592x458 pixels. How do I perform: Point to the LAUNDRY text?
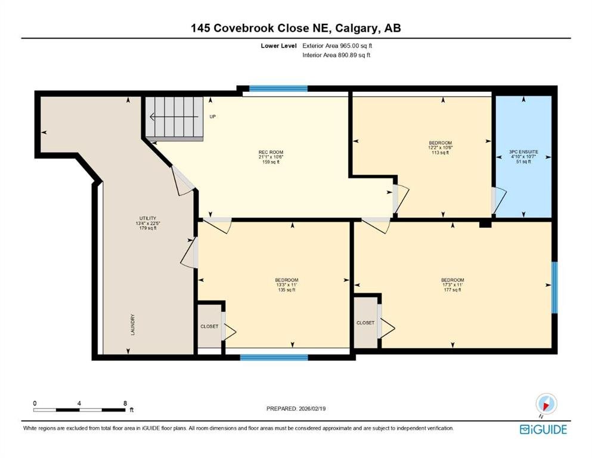[x=132, y=325]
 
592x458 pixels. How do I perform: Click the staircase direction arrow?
[x=174, y=117]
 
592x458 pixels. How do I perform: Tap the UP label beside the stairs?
[x=213, y=117]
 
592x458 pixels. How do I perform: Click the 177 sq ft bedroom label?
[x=452, y=284]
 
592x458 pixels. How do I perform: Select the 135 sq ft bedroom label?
[x=287, y=284]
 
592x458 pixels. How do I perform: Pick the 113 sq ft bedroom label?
[x=440, y=148]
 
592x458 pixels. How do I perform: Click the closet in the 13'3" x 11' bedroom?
[x=209, y=326]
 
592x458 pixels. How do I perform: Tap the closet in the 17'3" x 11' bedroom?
[x=365, y=323]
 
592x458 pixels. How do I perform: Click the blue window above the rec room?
[x=278, y=89]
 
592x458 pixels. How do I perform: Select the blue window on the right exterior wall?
[x=554, y=287]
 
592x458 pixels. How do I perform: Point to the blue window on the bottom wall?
[x=274, y=357]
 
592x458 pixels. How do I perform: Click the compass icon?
[x=546, y=404]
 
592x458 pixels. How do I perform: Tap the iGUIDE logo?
[x=543, y=429]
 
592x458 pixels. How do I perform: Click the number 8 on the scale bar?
[x=125, y=403]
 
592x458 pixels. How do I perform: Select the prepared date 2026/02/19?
[x=312, y=409]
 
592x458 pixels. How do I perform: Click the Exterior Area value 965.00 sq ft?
[x=357, y=46]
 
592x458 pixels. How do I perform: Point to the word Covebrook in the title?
[x=244, y=28]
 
